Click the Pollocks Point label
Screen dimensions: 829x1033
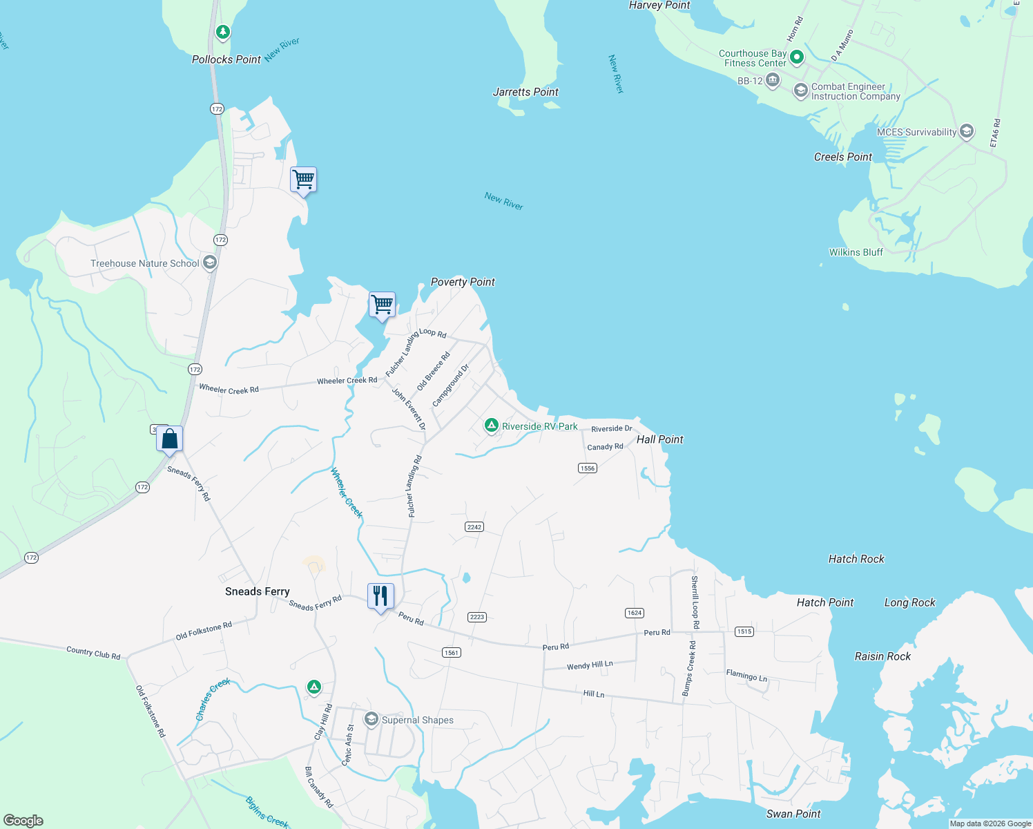(x=226, y=59)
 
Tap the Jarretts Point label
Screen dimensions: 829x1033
(x=525, y=92)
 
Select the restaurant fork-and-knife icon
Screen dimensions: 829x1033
(x=380, y=596)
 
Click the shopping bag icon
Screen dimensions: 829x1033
(x=170, y=439)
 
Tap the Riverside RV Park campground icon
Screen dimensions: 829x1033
(x=491, y=425)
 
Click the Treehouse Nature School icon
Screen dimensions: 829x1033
(x=210, y=263)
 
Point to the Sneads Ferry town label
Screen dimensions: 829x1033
(x=257, y=591)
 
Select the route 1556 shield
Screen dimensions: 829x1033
(x=587, y=468)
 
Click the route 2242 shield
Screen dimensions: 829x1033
(x=474, y=527)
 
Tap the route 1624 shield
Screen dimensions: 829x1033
(x=634, y=613)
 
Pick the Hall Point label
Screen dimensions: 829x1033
(x=659, y=439)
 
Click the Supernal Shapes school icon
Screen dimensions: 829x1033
(x=371, y=720)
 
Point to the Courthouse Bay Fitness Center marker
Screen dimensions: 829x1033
(x=796, y=57)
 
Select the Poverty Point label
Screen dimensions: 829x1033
(x=463, y=282)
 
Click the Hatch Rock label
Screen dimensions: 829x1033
(x=856, y=559)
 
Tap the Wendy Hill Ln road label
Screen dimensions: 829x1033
(x=589, y=665)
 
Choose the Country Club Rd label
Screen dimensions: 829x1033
(x=93, y=653)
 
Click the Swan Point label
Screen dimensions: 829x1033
(x=793, y=814)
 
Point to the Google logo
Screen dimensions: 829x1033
(x=23, y=820)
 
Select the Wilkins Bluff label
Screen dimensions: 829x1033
(x=856, y=252)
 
